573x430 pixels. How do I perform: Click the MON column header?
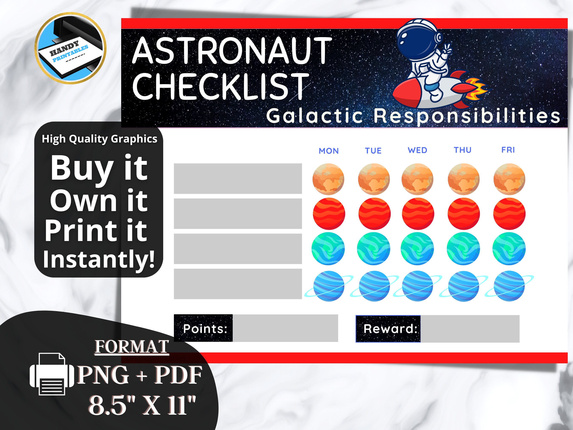coord(329,151)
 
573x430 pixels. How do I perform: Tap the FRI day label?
coord(508,150)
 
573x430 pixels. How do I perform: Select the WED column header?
coord(417,150)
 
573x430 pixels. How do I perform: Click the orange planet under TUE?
coord(374,179)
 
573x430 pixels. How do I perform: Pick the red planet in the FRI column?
coord(509,214)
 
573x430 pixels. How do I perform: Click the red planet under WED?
coord(418,214)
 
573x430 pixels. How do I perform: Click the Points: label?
coord(205,329)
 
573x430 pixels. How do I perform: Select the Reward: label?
coord(390,329)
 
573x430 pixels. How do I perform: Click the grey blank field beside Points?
coord(285,328)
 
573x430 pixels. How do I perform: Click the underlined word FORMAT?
coord(132,347)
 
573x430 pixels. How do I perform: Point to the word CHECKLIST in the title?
coord(220,86)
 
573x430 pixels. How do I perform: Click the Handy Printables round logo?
coord(70,48)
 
